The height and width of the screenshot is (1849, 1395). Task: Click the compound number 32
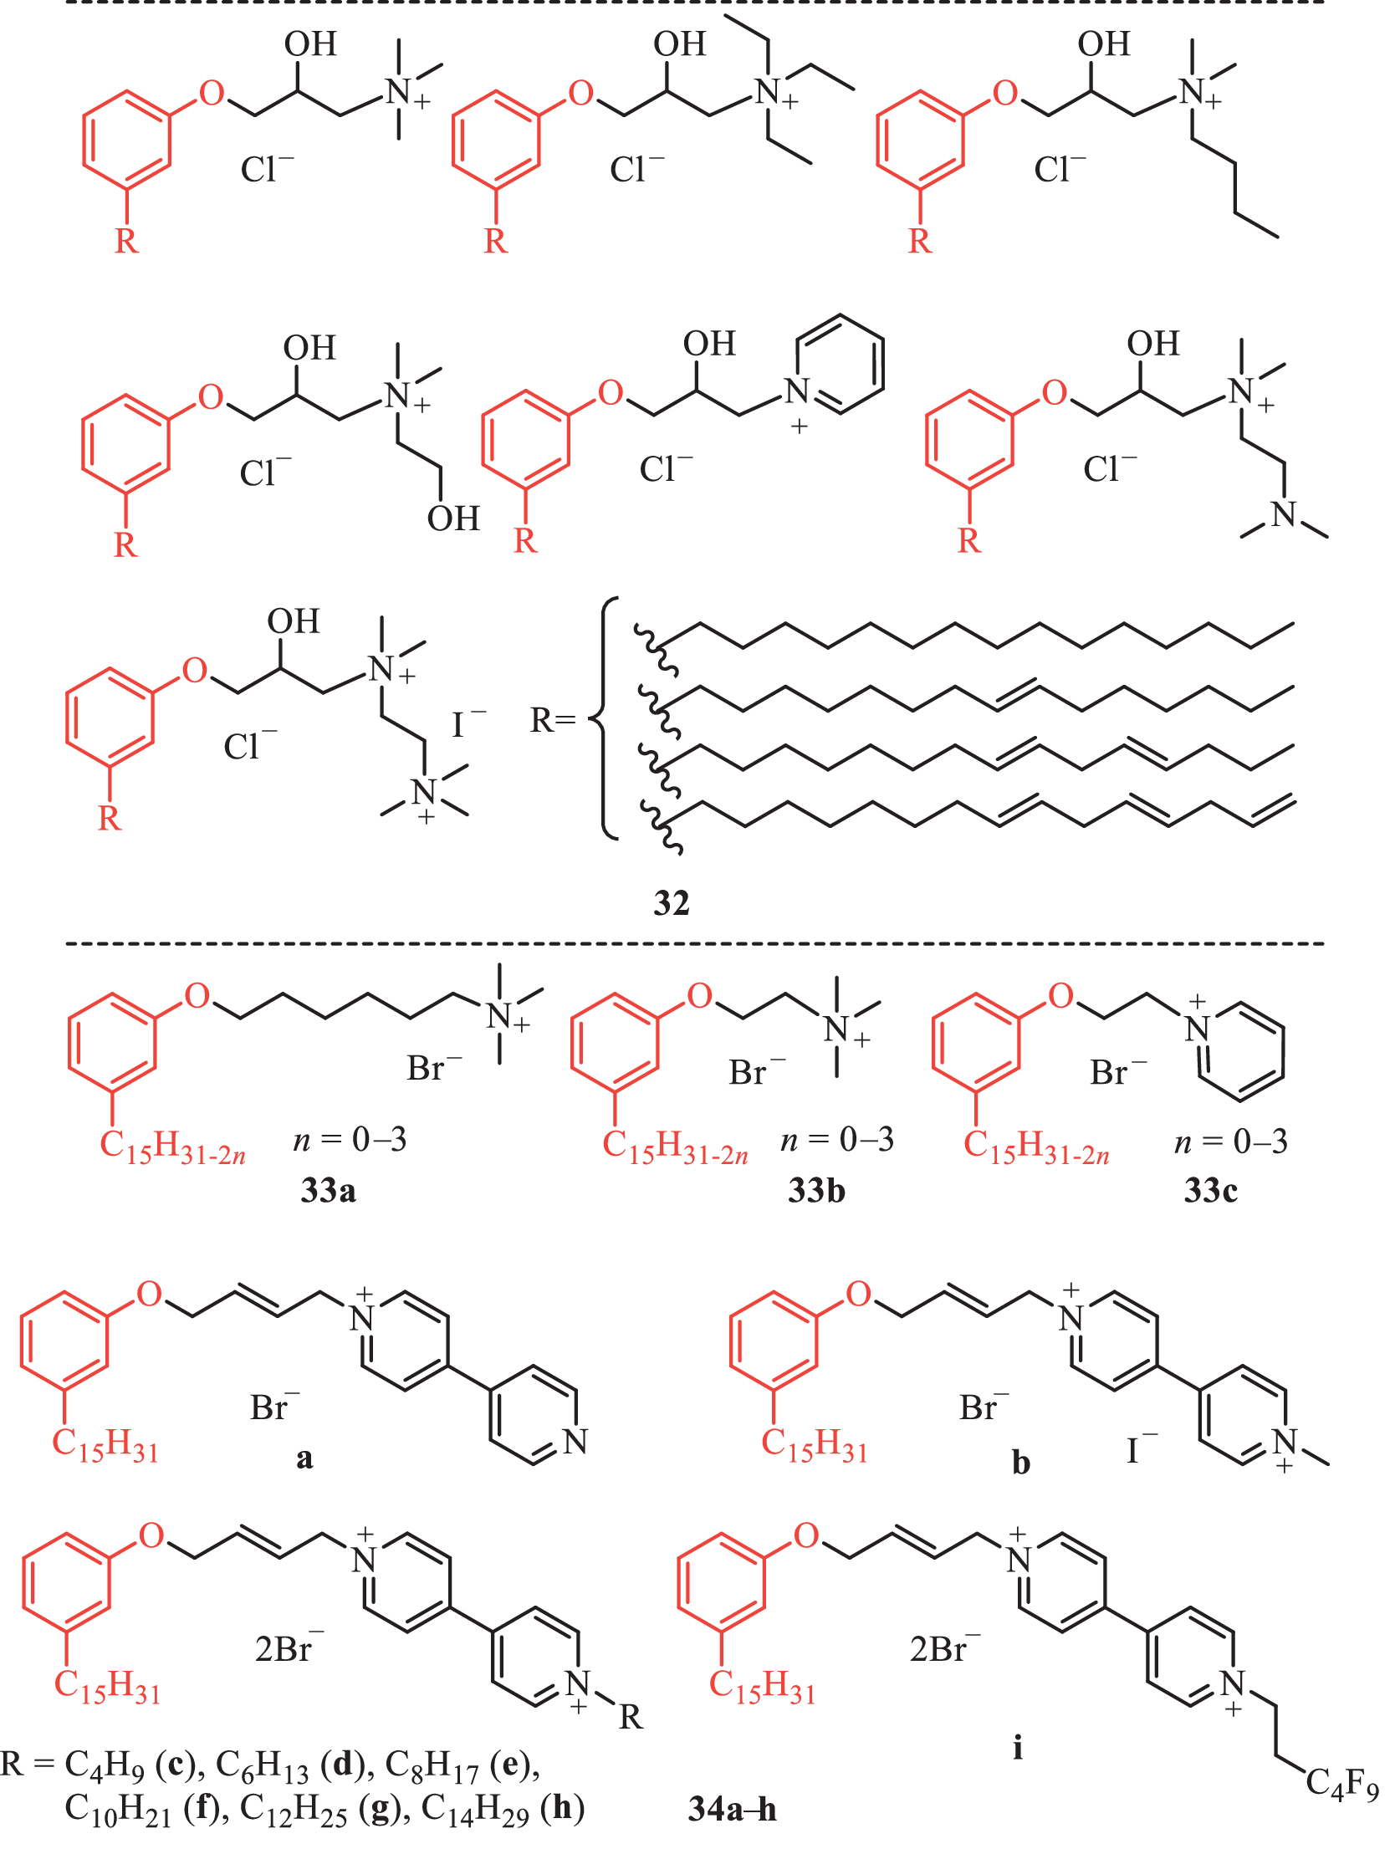point(672,903)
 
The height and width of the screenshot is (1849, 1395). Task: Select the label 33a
point(329,1190)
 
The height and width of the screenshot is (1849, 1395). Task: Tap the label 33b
point(816,1190)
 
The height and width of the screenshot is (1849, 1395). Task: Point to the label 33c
point(1211,1190)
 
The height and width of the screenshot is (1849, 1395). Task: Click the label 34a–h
point(733,1809)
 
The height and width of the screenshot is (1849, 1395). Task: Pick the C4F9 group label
point(1342,1784)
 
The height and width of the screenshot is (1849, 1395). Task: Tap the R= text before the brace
point(553,720)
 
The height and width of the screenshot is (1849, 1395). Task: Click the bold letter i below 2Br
point(1018,1747)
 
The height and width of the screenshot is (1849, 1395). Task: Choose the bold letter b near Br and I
point(1021,1462)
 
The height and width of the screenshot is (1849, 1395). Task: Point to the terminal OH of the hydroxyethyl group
point(453,518)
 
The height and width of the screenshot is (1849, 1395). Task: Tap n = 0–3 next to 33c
point(1231,1141)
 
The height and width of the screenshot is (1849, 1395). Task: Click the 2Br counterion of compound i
point(945,1648)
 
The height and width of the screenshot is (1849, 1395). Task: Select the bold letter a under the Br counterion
point(304,1458)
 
